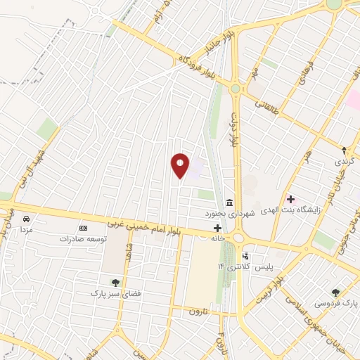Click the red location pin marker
[181, 165]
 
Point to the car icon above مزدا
[27, 219]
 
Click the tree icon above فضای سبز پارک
[115, 282]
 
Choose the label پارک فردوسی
[335, 303]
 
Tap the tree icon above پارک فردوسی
[335, 292]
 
